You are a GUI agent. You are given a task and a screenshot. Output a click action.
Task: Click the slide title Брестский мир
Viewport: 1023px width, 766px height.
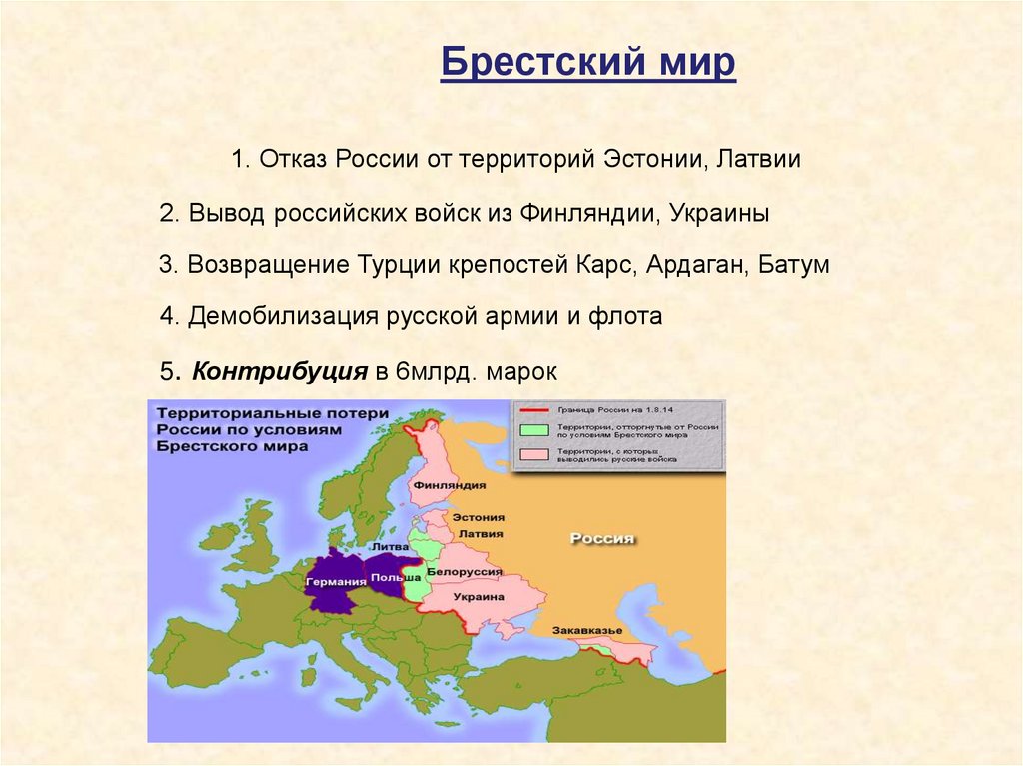(x=588, y=64)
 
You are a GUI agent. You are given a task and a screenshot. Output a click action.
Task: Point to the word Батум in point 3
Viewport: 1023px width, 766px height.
(x=794, y=266)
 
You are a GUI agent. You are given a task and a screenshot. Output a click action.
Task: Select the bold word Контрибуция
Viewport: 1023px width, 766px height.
(x=280, y=371)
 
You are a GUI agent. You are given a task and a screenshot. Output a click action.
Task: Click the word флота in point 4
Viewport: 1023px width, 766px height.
(x=629, y=317)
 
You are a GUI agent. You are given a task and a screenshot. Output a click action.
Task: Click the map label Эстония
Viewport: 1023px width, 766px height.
(x=479, y=518)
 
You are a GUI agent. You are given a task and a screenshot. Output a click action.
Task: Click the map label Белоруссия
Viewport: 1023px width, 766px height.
(x=464, y=571)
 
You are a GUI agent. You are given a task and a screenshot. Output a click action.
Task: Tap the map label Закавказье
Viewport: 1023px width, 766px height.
(x=588, y=630)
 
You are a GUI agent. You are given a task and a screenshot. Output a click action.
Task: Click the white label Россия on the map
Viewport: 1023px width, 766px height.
(x=602, y=538)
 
